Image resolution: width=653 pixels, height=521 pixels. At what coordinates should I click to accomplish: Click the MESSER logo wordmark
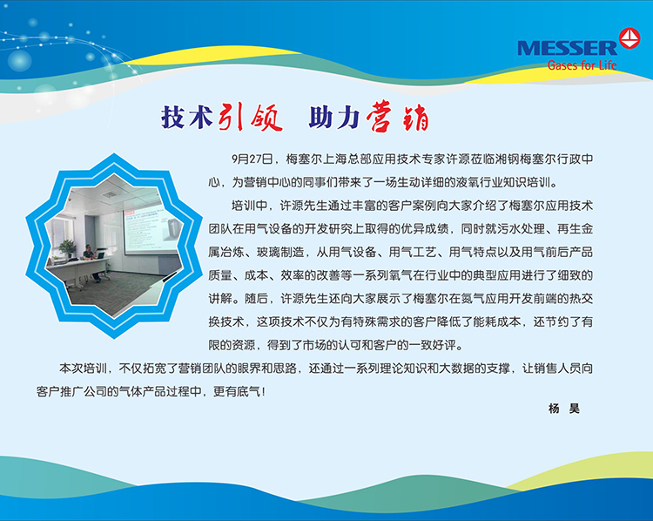tap(567, 48)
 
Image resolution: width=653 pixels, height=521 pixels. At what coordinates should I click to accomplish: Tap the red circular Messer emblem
tap(629, 38)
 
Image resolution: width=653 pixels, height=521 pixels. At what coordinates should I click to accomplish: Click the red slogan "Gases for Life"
tap(582, 65)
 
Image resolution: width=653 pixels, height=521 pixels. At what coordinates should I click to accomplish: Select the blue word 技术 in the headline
tap(187, 117)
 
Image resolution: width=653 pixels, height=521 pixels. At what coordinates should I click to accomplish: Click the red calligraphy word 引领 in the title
tap(250, 117)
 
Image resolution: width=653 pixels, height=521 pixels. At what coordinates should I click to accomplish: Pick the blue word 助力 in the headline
tap(334, 117)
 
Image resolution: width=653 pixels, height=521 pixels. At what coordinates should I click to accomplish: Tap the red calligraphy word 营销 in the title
tap(397, 117)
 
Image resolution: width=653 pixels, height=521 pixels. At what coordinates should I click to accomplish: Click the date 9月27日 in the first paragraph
tap(252, 159)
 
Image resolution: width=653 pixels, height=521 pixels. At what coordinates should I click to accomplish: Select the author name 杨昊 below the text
tap(564, 409)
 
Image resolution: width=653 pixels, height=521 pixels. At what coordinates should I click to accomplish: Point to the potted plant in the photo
tap(67, 249)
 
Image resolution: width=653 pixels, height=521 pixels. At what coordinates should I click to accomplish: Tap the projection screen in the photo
tap(152, 229)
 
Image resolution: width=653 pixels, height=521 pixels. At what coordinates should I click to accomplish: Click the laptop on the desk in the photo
tap(100, 254)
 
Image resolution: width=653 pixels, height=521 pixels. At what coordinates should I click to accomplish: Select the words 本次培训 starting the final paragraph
tap(84, 368)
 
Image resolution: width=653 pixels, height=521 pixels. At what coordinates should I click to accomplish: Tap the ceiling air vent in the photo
tap(110, 194)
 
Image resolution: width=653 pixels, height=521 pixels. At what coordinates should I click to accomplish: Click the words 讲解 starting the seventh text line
tap(220, 299)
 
